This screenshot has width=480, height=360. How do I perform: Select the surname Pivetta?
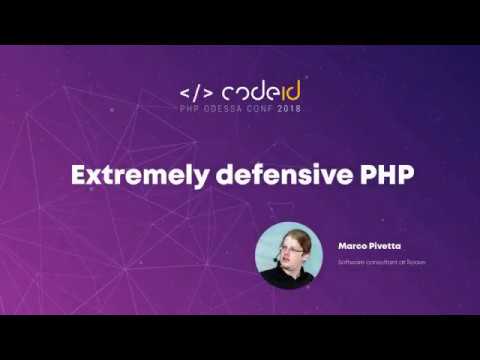point(385,243)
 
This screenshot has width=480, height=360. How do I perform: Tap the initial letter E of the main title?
point(76,174)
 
